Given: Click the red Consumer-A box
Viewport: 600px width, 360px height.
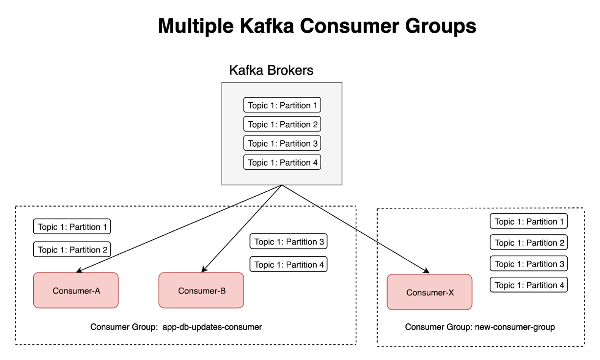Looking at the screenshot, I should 76,291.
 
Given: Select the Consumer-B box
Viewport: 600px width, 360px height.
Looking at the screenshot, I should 201,291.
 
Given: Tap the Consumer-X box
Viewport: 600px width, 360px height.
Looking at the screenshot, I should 429,292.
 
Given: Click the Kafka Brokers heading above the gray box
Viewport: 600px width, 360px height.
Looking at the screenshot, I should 271,70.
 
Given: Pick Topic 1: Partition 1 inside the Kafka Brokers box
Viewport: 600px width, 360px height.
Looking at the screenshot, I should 282,105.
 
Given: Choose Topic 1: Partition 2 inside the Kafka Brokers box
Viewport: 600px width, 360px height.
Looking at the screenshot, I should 282,124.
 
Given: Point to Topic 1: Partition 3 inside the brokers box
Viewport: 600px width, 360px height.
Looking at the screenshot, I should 282,143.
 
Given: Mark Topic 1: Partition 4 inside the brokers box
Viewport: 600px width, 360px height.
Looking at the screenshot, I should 282,162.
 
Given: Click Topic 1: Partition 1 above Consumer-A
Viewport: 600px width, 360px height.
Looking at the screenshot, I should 72,226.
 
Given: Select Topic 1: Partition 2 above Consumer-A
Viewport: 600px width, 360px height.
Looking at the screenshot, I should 72,249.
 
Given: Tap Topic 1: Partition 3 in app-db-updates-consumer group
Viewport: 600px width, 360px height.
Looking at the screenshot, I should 288,242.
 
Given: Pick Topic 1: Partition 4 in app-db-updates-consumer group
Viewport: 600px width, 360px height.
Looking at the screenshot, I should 288,265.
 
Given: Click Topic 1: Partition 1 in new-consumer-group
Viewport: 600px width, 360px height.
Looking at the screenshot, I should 529,222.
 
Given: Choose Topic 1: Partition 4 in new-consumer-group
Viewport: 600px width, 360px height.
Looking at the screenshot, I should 529,285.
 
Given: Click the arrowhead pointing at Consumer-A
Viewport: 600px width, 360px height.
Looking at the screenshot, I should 79,270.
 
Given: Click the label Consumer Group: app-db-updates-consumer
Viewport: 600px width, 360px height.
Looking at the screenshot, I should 176,327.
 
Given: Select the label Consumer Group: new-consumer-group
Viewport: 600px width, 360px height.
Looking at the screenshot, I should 480,327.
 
